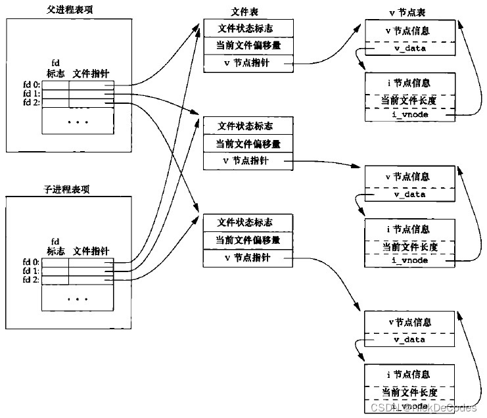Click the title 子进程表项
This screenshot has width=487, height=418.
tap(59, 189)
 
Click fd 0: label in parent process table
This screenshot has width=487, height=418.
tap(30, 84)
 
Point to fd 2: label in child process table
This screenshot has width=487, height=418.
tap(30, 280)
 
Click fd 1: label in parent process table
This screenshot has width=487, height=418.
tap(30, 93)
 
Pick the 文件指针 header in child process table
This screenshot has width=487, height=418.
tap(91, 250)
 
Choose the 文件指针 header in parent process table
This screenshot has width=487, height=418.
tap(91, 73)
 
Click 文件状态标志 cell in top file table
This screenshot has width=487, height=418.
tap(245, 29)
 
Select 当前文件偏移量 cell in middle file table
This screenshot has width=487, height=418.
tap(245, 143)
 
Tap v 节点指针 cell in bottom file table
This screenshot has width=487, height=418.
tap(245, 259)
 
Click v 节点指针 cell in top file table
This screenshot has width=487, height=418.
tap(245, 63)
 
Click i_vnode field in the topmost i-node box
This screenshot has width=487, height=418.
tap(409, 115)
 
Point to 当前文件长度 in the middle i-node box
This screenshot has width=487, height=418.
tap(409, 247)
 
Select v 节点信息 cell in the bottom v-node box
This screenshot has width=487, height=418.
tap(409, 323)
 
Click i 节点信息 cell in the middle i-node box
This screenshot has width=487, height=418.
tap(409, 229)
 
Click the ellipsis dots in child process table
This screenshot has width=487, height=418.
tap(78, 299)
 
